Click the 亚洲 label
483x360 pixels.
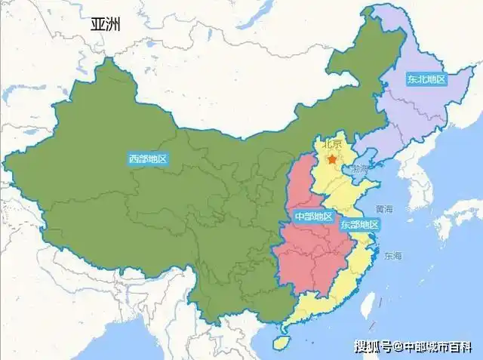pos(106,24)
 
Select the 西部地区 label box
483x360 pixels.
pos(147,159)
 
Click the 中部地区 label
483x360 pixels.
pos(312,217)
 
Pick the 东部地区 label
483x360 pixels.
pos(358,224)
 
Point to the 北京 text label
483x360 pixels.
pos(332,144)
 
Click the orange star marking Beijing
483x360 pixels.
pos(331,159)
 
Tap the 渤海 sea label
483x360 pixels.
pos(359,168)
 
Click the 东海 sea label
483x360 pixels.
pos(392,257)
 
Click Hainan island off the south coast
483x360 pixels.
pos(281,343)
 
